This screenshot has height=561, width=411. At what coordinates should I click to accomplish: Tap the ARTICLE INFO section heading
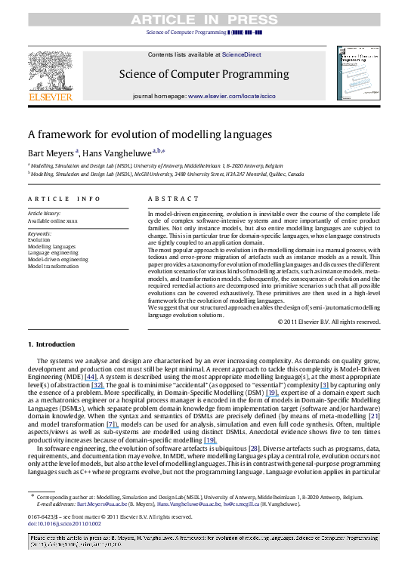pyautogui.click(x=64, y=199)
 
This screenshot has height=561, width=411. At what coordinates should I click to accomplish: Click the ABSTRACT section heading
pyautogui.click(x=168, y=199)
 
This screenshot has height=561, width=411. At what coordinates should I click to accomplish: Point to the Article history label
pyautogui.click(x=47, y=214)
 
